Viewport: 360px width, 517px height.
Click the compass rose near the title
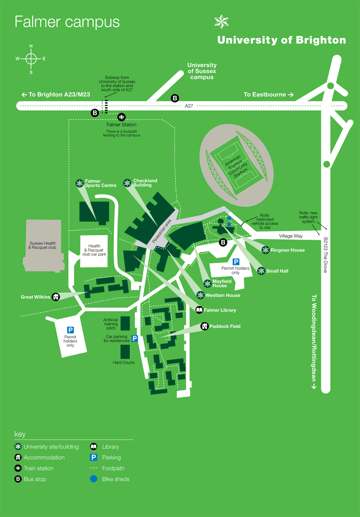click(31, 59)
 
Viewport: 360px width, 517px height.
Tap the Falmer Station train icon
click(121, 117)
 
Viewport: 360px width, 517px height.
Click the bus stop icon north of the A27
click(175, 98)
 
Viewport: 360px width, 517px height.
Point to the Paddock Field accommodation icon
click(204, 326)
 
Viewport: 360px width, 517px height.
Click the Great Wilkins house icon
click(56, 297)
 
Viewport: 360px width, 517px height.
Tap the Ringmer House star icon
click(265, 250)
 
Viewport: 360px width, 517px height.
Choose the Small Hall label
click(277, 271)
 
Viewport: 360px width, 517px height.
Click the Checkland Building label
click(145, 183)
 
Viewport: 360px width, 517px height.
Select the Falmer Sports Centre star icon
click(79, 183)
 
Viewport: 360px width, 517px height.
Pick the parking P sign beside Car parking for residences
click(134, 339)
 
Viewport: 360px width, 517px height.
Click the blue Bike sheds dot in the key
click(94, 479)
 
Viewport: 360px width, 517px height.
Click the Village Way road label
click(291, 236)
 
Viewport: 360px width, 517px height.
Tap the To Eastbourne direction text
click(266, 95)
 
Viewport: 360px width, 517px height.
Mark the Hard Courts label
click(123, 363)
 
